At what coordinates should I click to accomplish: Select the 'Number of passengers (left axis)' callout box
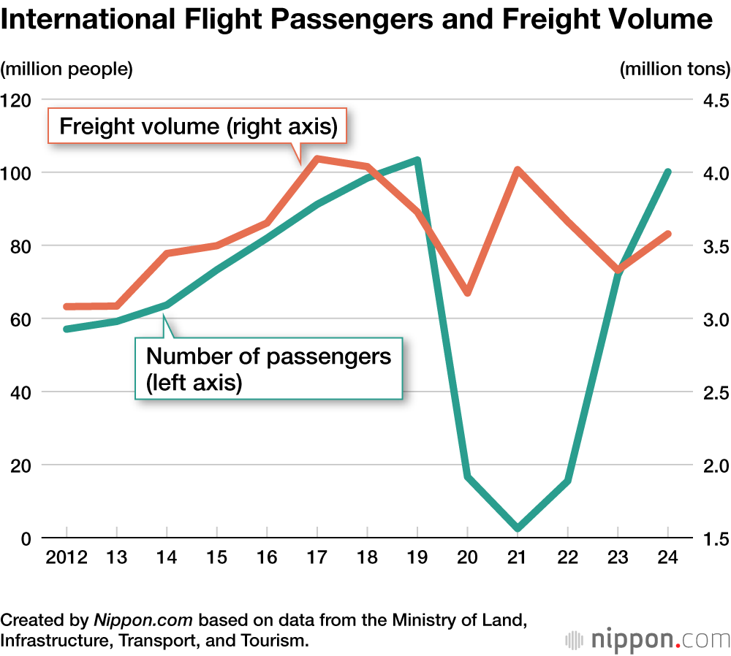(x=268, y=369)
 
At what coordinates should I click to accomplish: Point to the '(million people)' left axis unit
(x=67, y=69)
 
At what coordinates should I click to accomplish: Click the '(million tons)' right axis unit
(x=674, y=69)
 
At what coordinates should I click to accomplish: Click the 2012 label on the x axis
(x=67, y=557)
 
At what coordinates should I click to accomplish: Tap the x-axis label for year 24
(x=667, y=557)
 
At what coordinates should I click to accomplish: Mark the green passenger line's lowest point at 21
(x=518, y=527)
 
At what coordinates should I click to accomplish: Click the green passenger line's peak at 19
(x=417, y=160)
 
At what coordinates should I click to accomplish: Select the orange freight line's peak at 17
(x=317, y=159)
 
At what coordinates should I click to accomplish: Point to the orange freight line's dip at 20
(x=467, y=292)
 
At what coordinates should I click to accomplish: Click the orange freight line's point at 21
(x=518, y=171)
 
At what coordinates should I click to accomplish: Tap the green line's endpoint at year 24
(x=667, y=172)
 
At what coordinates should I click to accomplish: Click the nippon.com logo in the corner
(x=648, y=639)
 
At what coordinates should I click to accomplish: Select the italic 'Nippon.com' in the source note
(x=143, y=620)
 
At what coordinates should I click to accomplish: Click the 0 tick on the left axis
(x=25, y=538)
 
